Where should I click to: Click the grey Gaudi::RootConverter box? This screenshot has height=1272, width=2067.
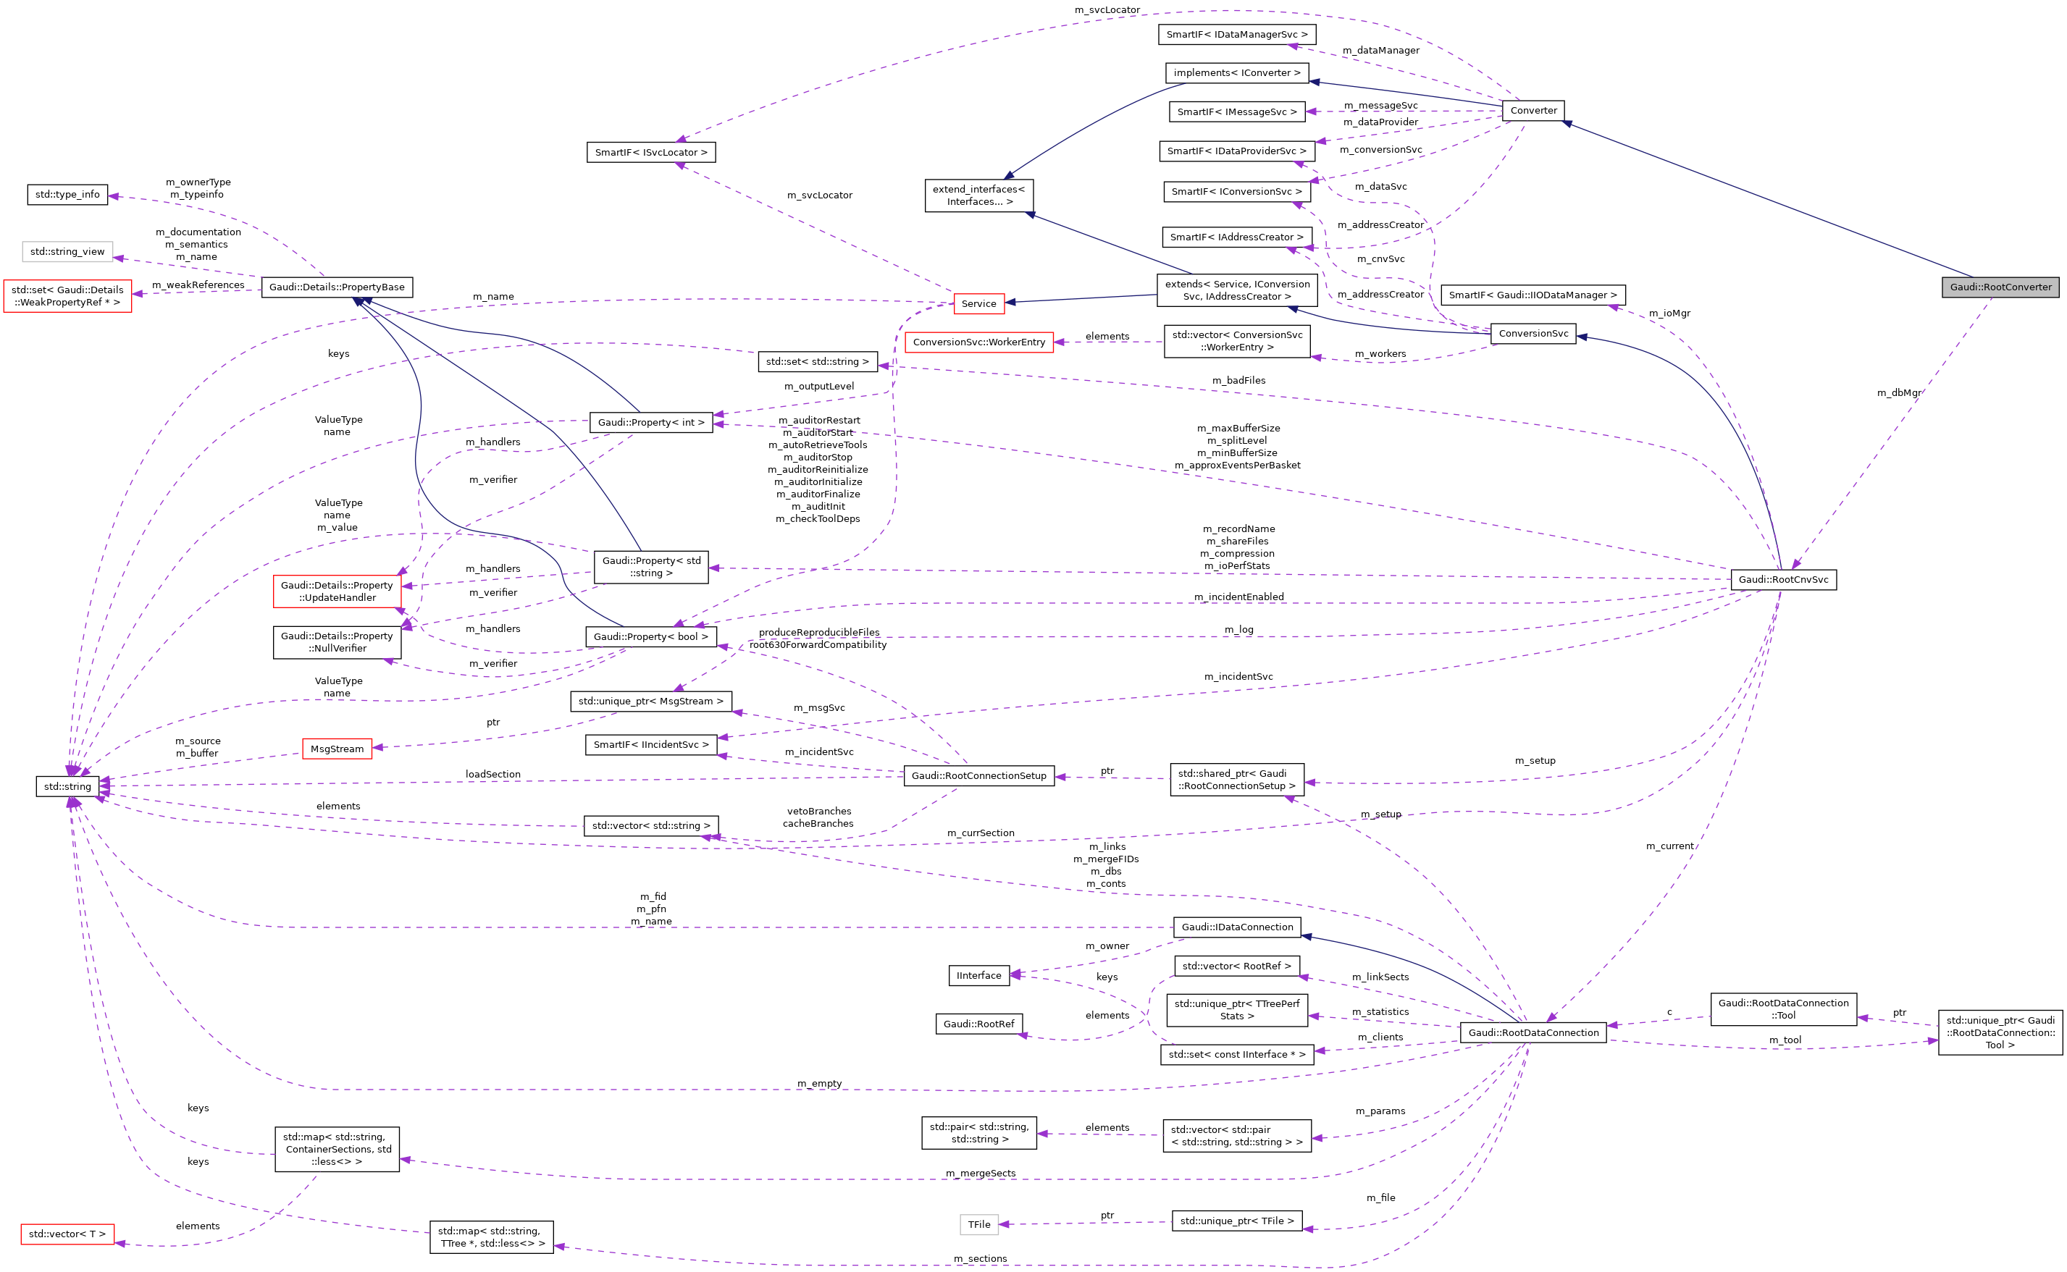pos(2000,287)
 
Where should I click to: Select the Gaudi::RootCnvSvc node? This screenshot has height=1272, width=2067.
pos(1782,580)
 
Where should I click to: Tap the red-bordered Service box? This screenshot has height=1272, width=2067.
pos(978,303)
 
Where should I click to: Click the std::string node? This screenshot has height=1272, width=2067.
pos(67,787)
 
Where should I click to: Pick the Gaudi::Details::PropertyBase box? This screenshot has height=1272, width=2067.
pos(337,287)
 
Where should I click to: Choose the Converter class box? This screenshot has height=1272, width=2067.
pos(1533,110)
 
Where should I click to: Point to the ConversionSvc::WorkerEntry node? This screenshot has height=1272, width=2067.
pos(978,342)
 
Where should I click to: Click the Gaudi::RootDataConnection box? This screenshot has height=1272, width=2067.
pos(1533,1032)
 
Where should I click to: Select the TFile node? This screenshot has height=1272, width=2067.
pos(978,1224)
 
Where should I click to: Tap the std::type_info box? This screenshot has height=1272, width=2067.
pos(67,194)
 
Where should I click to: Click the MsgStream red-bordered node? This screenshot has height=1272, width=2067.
pos(337,749)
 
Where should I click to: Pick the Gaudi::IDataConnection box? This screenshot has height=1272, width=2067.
pos(1236,927)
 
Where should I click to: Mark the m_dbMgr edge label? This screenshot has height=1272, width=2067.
pos(1899,393)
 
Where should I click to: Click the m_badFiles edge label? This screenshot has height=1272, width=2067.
pos(1238,380)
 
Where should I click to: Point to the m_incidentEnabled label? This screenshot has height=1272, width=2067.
pos(1238,597)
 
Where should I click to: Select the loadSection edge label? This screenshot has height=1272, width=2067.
pos(492,774)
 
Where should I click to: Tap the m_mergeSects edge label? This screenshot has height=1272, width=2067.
pos(980,1173)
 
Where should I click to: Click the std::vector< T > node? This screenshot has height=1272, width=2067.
pos(67,1234)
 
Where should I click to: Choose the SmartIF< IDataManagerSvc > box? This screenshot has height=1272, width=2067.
pos(1236,35)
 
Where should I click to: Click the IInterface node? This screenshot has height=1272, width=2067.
pos(978,975)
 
